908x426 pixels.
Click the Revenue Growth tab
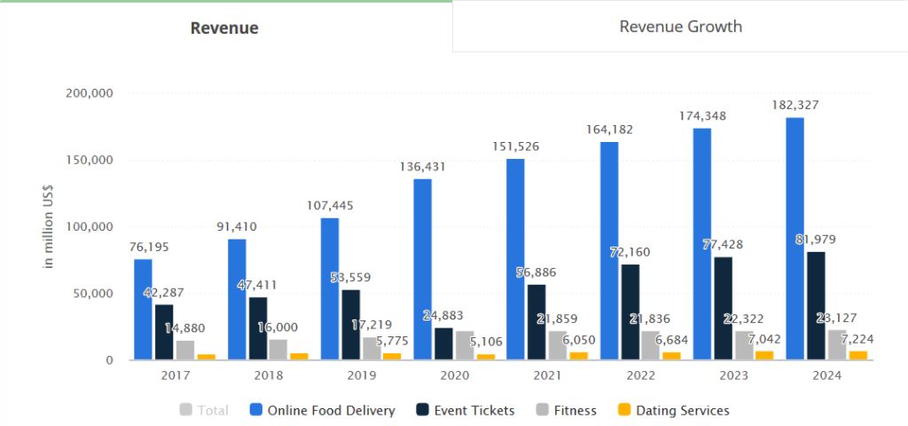click(680, 27)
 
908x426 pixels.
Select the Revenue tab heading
click(224, 28)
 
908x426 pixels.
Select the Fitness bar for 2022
click(651, 345)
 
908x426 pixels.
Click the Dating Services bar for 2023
click(763, 355)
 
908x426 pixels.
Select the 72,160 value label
click(630, 252)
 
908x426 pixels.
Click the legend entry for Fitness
click(567, 410)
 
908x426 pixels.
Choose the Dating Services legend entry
click(673, 410)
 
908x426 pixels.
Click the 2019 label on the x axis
click(361, 376)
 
